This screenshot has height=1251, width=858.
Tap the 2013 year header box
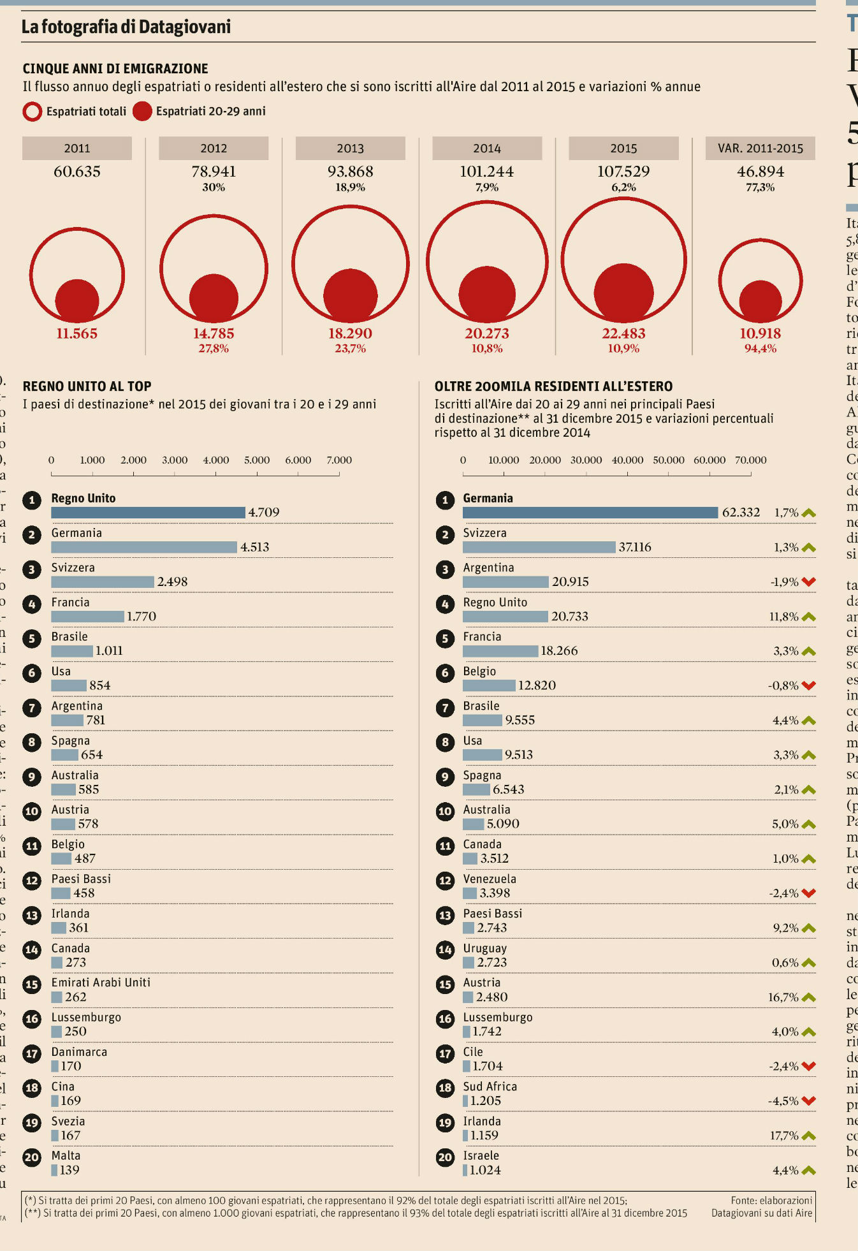350,149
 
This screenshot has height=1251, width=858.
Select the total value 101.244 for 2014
486,172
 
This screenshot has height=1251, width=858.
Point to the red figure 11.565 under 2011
77,333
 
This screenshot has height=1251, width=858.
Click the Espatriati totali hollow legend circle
32,112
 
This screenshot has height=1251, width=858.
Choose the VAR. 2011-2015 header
760,149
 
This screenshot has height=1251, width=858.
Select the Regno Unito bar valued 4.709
148,513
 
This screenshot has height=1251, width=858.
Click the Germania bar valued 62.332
590,513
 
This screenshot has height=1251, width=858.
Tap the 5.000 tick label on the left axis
257,460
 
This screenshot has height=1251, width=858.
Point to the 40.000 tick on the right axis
627,460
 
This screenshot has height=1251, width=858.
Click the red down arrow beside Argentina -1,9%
809,582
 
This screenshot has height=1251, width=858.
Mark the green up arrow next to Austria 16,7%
809,997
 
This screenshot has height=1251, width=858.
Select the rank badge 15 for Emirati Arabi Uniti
32,984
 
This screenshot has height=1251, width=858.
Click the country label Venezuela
490,879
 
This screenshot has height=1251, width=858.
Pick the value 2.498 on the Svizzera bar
172,582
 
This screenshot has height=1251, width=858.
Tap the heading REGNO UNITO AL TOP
87,386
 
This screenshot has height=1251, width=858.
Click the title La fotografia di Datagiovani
126,27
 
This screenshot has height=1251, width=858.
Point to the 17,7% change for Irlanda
784,1136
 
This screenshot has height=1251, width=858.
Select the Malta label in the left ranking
66,1155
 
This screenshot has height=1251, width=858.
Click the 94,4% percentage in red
760,349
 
